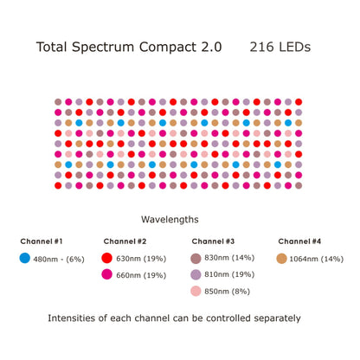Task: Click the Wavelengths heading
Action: point(179,220)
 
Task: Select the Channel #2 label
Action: point(125,241)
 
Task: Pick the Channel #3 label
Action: point(213,241)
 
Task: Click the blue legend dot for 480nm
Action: point(24,258)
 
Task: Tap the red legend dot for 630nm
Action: point(107,258)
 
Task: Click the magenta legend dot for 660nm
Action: point(107,275)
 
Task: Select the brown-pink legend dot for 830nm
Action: point(196,258)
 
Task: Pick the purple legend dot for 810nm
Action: point(196,275)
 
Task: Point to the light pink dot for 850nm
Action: point(196,292)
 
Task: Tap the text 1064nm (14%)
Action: point(318,259)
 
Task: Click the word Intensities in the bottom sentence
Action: point(79,318)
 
